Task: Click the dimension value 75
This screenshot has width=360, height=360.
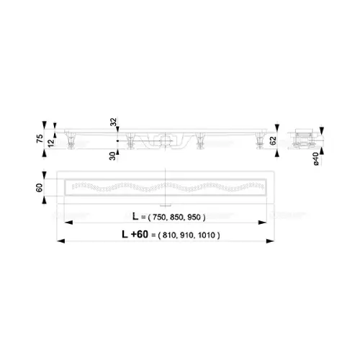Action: click(x=40, y=138)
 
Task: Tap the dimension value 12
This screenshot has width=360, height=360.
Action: click(x=51, y=143)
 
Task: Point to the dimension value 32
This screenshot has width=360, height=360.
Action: click(x=113, y=122)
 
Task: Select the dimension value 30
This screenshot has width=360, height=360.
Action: click(x=112, y=156)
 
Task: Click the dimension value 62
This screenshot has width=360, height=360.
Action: click(x=273, y=140)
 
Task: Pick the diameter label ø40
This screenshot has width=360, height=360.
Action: click(x=316, y=158)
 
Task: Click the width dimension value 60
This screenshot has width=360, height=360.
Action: click(x=39, y=188)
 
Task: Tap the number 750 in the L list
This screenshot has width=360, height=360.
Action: click(x=159, y=217)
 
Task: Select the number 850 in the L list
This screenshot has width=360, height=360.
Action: click(x=176, y=217)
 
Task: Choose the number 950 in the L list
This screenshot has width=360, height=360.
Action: click(x=194, y=217)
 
